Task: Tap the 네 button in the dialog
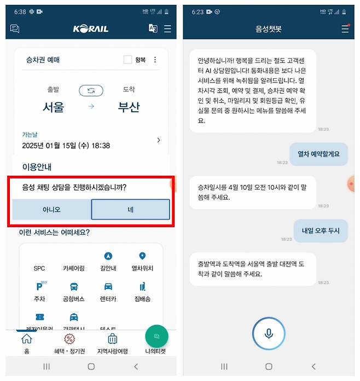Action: [x=130, y=209]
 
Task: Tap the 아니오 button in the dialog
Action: [x=51, y=209]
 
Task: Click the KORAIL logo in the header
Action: [x=91, y=29]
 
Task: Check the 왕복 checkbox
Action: [x=127, y=60]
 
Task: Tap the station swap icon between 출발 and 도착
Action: [x=91, y=90]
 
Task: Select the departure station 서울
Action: [x=53, y=107]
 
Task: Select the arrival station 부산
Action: [x=129, y=107]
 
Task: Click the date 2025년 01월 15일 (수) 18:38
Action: [x=66, y=146]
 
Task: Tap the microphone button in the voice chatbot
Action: [x=269, y=333]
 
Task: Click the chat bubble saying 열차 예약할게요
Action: [x=318, y=154]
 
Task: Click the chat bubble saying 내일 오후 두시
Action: [x=321, y=230]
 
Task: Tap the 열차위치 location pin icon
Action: [x=142, y=256]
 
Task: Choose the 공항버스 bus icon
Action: [x=74, y=286]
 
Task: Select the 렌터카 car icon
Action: [x=108, y=286]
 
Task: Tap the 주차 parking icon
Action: [x=39, y=286]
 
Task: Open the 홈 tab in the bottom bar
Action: [x=26, y=343]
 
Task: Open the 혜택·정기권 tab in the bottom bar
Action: [x=69, y=343]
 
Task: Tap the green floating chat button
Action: [x=156, y=336]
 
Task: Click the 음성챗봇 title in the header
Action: [x=269, y=29]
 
